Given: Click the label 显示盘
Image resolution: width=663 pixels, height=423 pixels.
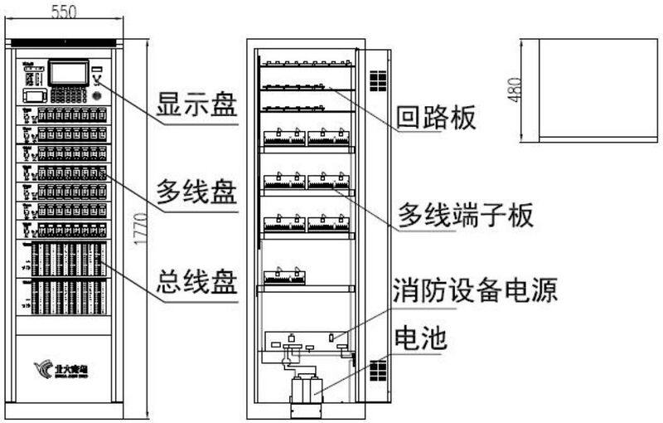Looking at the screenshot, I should coord(197,108).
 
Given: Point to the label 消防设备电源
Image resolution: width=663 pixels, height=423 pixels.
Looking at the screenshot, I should coord(475,290).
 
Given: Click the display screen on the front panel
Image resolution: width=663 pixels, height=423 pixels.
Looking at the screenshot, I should coord(69,73).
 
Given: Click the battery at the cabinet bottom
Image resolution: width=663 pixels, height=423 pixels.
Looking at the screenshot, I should coord(306,391).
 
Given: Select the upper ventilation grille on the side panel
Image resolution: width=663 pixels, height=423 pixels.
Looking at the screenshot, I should coord(378,80).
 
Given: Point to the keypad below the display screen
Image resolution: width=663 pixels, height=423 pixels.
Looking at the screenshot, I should coord(71,95).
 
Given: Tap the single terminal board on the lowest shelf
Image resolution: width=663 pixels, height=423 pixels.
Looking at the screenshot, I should coord(283,276).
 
